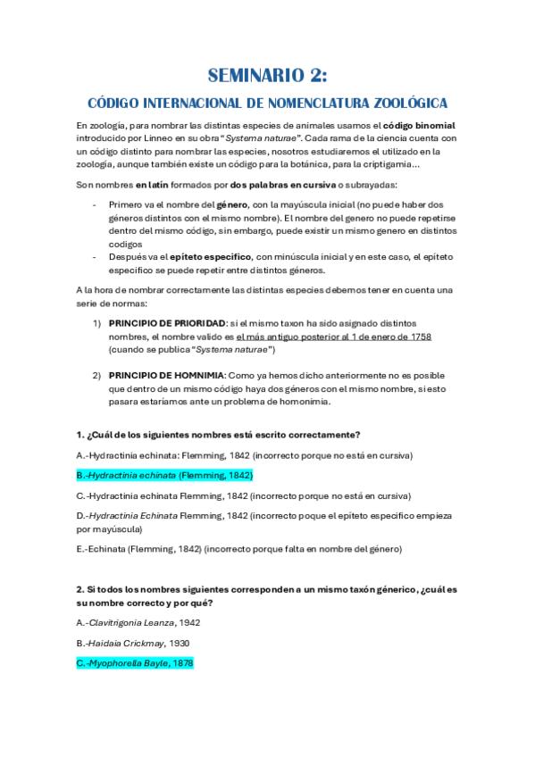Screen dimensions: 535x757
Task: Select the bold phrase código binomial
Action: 422,126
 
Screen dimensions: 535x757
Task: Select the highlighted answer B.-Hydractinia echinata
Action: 164,475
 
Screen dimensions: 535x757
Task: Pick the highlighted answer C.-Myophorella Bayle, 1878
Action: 135,663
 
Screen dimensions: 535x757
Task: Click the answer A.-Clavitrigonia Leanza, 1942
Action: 138,623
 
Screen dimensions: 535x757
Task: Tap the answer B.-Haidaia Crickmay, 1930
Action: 132,643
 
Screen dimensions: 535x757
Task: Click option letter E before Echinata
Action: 80,549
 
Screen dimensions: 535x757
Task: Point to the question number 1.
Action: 79,435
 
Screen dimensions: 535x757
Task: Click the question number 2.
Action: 79,590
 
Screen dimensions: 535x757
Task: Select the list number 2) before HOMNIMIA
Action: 97,375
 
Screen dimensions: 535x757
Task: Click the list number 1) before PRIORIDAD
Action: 97,322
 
